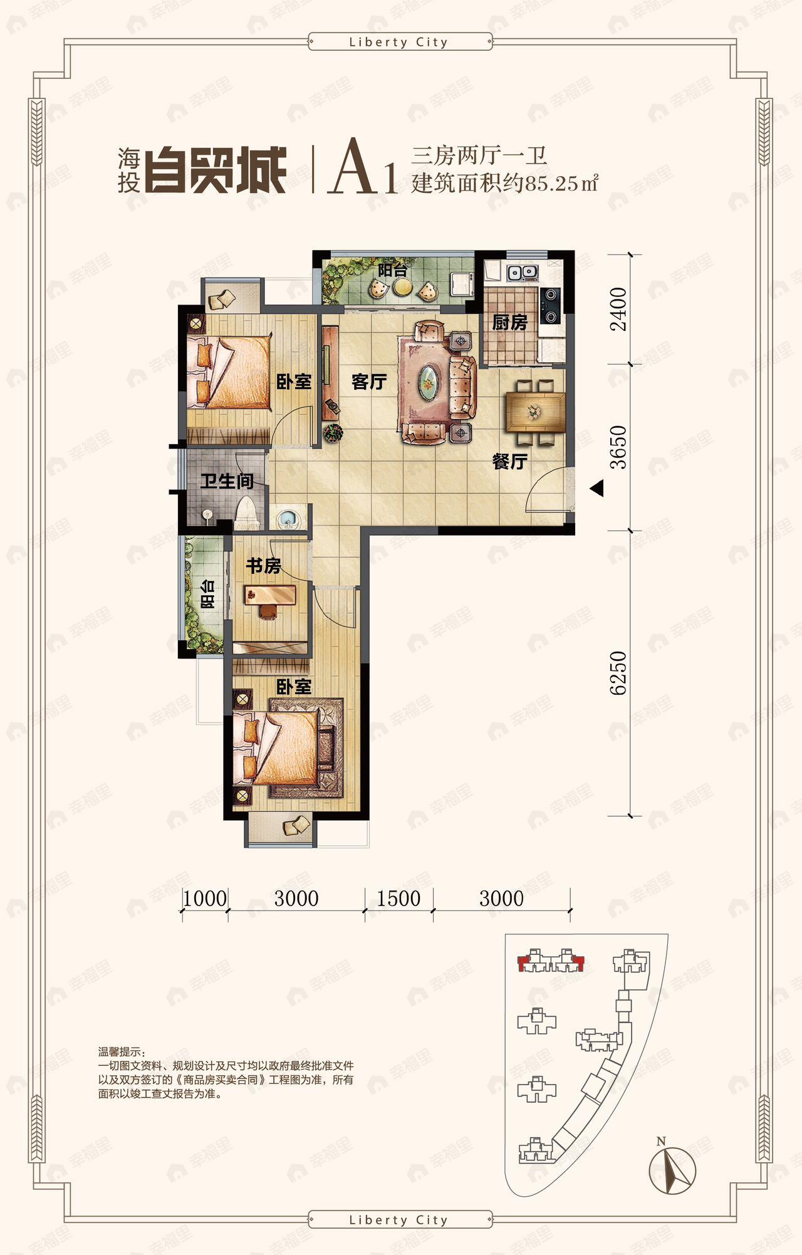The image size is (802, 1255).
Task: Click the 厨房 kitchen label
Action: (x=509, y=323)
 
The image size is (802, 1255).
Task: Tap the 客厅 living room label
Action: (x=368, y=382)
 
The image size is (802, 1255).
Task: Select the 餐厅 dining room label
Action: (x=509, y=462)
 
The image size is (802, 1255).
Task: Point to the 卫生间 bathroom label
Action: (x=227, y=481)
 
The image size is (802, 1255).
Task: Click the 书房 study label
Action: (x=263, y=566)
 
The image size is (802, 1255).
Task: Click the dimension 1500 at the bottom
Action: (x=398, y=898)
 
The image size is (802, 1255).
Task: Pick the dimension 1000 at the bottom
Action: (x=204, y=898)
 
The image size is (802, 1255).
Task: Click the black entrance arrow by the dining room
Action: (x=597, y=488)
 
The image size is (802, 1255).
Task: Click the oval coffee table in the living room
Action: (x=429, y=382)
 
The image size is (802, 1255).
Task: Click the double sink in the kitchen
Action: (x=522, y=273)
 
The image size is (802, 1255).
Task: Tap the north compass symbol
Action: (x=672, y=1169)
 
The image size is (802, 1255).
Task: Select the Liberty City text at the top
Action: (x=398, y=43)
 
